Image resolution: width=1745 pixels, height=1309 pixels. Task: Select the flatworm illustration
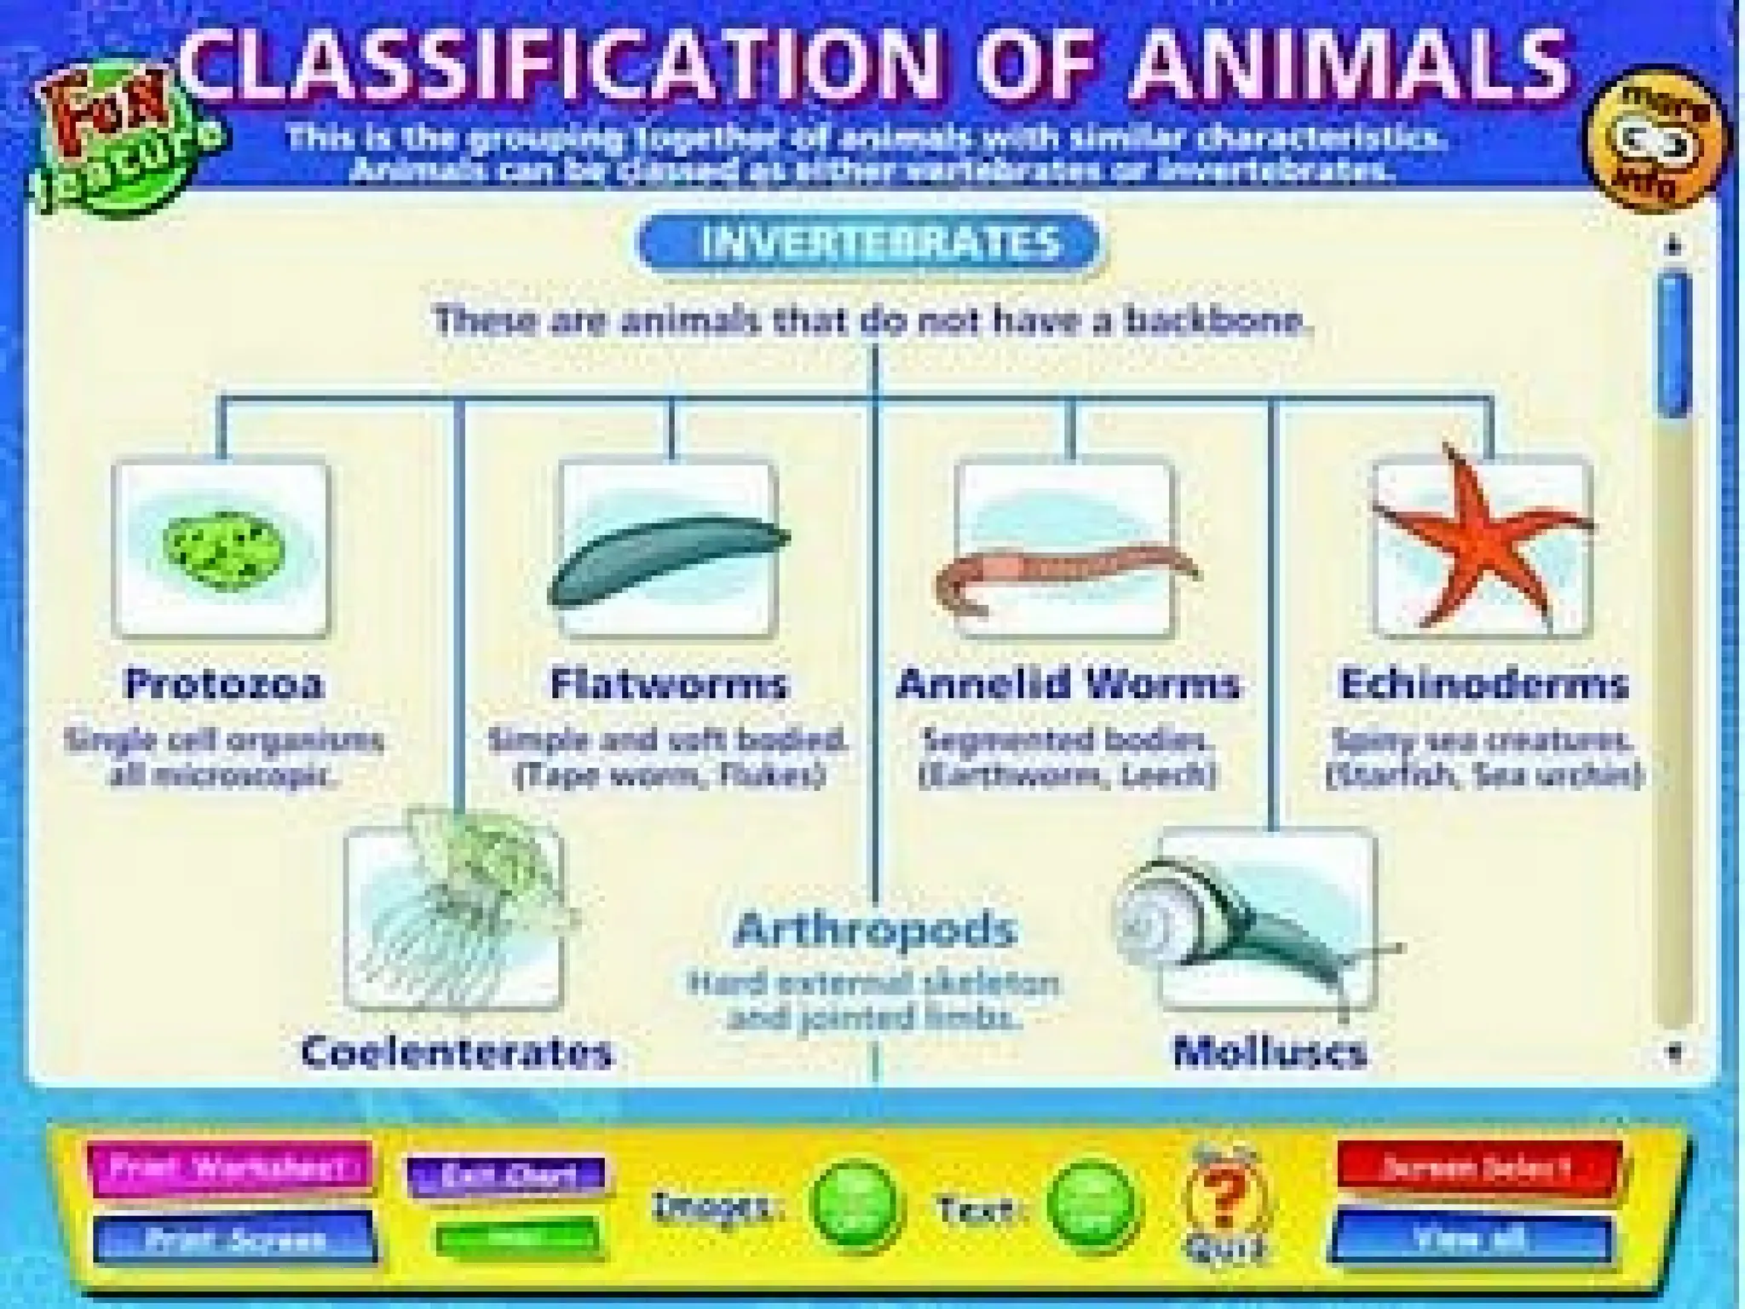[x=670, y=558]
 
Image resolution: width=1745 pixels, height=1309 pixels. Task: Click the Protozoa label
[x=224, y=684]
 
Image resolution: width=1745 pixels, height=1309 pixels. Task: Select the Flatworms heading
[x=669, y=684]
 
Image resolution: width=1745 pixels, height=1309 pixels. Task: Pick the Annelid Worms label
[x=1068, y=684]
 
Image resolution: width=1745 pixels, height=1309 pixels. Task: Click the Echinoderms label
[x=1484, y=684]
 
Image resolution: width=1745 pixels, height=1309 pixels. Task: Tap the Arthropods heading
[x=875, y=930]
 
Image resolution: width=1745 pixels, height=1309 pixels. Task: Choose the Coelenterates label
[x=458, y=1052]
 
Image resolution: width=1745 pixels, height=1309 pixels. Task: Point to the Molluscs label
[x=1270, y=1052]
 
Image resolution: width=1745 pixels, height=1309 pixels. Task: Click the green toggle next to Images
[x=855, y=1208]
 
